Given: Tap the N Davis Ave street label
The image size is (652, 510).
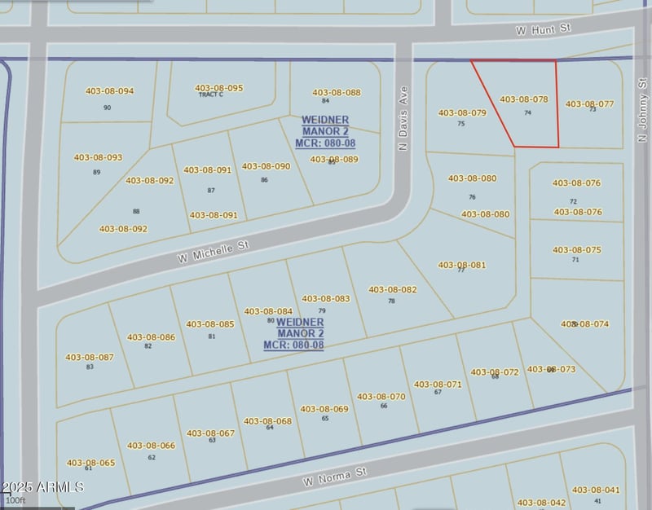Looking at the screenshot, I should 402,119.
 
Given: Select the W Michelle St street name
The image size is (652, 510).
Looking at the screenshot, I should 213,253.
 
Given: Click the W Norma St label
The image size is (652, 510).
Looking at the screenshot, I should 335,477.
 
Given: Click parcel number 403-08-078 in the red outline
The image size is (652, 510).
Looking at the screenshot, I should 523,99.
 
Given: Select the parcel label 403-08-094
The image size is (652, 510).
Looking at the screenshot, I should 109,91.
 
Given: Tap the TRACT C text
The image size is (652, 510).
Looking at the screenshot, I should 210,95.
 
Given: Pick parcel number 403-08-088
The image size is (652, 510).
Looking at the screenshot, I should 336,93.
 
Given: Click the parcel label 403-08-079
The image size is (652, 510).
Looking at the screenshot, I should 462,113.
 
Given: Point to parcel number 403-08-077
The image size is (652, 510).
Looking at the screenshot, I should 589,104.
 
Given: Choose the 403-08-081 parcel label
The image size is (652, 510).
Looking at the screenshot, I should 461,265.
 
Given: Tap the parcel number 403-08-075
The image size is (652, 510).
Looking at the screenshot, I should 576,250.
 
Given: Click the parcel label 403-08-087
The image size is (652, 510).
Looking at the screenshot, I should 90,357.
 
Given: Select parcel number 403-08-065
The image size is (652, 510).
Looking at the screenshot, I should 90,463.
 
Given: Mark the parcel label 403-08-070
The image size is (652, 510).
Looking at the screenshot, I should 381,397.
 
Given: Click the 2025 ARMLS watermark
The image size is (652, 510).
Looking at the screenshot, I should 42,487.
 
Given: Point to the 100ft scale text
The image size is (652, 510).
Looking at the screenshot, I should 15,500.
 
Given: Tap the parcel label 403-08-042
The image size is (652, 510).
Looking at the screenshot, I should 541,503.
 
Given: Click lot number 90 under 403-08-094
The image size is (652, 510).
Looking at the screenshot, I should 107,108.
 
